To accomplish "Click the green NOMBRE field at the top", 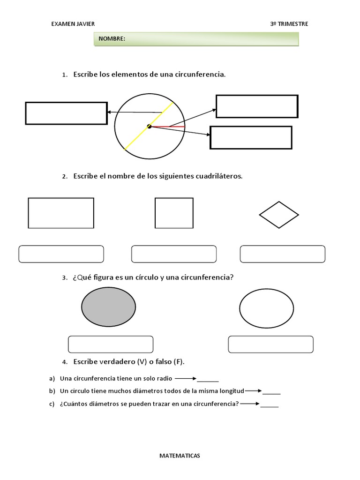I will (196, 39).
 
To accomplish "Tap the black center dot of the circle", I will (149, 126).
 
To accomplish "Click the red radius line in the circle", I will (169, 127).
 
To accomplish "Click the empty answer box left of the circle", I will (66, 113).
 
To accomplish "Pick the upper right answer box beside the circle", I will (256, 106).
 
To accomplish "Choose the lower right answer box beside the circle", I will (251, 137).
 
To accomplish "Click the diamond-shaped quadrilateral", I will (279, 215).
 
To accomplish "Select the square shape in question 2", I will (174, 213).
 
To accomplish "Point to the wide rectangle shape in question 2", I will (61, 213).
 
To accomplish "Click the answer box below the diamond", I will (282, 254).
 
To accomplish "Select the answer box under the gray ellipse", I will (111, 344).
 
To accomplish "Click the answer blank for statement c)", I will (270, 405).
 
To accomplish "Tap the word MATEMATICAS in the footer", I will (180, 455).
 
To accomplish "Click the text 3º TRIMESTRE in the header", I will (289, 24).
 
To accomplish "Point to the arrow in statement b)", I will (253, 390).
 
